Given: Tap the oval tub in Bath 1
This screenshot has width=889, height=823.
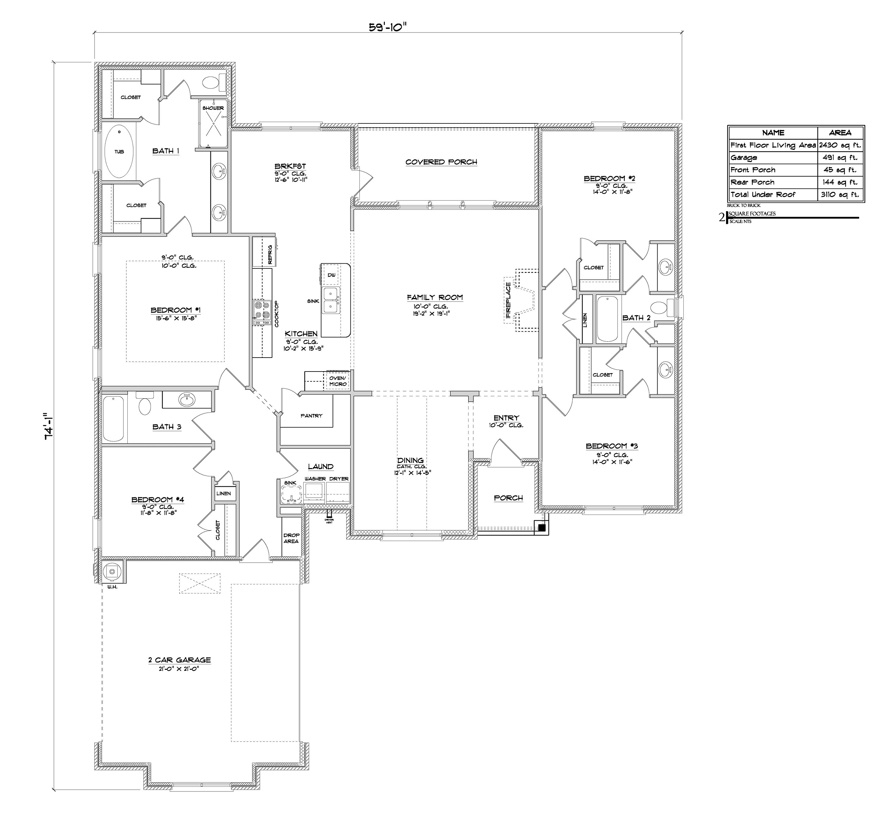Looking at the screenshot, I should pyautogui.click(x=119, y=152).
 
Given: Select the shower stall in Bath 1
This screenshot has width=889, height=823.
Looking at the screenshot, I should pyautogui.click(x=213, y=124).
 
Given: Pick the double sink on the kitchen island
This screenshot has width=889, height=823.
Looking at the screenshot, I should pyautogui.click(x=331, y=301).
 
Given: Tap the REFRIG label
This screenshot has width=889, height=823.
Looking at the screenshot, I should pyautogui.click(x=270, y=254).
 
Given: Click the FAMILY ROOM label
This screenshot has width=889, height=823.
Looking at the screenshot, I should pyautogui.click(x=434, y=297).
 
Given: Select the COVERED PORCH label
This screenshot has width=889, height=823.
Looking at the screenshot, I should pyautogui.click(x=441, y=162).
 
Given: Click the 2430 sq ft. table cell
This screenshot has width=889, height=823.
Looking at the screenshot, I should pyautogui.click(x=840, y=145).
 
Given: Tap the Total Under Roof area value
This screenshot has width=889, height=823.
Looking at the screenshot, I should pyautogui.click(x=840, y=195).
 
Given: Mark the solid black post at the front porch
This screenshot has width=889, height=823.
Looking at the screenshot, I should pyautogui.click(x=542, y=528).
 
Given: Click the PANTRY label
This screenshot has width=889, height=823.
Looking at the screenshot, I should pyautogui.click(x=311, y=416).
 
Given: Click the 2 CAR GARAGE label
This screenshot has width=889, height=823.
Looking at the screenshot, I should pyautogui.click(x=180, y=660).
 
